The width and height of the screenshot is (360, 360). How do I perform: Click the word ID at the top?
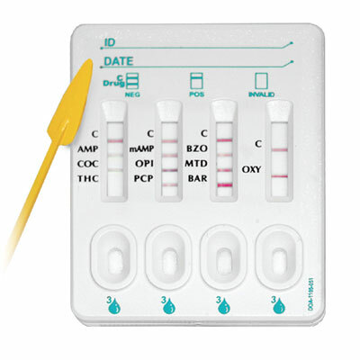point(110,43)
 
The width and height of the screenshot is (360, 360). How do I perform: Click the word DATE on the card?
point(118,61)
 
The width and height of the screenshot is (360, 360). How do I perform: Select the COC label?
point(88,163)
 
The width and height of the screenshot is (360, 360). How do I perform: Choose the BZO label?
point(197,148)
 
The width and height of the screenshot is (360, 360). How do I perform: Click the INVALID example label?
point(261,94)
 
